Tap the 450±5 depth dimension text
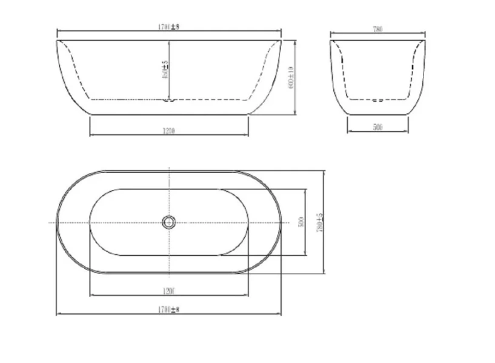tap(165, 71)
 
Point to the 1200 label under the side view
tap(169, 131)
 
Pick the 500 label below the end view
tap(378, 128)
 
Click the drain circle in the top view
tap(169, 223)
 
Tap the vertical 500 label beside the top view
tap(301, 223)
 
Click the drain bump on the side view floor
tap(169, 100)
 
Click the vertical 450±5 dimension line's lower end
tap(170, 98)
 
